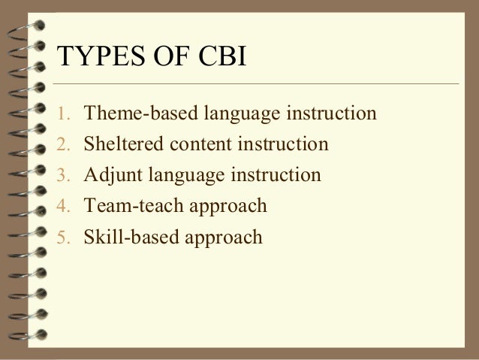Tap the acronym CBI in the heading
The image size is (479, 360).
click(x=218, y=59)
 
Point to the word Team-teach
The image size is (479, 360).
click(x=127, y=206)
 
